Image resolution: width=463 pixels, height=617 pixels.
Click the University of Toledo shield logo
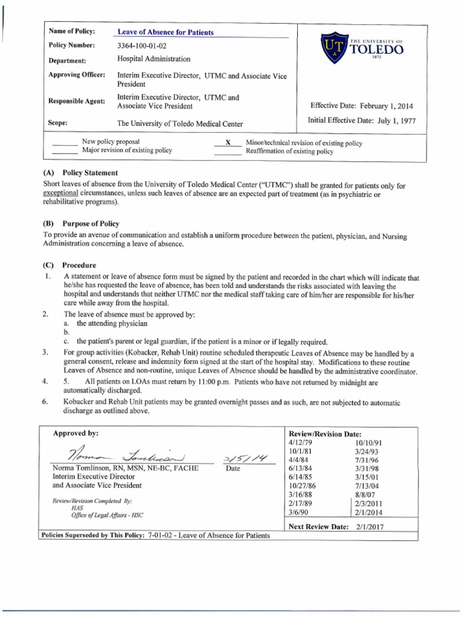click(x=335, y=48)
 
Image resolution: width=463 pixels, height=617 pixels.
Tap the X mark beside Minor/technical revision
click(x=228, y=143)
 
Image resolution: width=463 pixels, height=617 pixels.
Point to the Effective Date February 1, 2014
click(x=361, y=106)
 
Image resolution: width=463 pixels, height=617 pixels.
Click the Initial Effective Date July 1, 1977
click(x=361, y=120)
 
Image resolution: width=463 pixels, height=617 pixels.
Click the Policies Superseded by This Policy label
click(x=92, y=536)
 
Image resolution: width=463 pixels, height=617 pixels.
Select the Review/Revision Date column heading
click(x=326, y=433)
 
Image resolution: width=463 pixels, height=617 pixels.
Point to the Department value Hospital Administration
click(x=154, y=59)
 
